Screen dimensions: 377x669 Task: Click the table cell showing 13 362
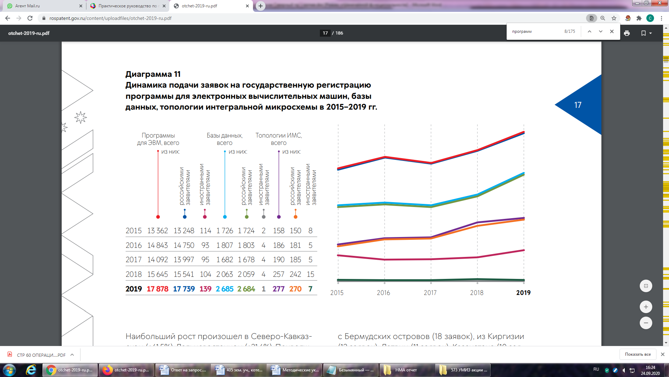(x=157, y=231)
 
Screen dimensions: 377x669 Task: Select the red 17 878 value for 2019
(x=157, y=289)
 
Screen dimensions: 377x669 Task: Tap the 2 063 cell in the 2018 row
(x=225, y=274)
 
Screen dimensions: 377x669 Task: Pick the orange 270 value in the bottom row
(x=295, y=289)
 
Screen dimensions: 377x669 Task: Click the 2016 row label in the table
(x=133, y=245)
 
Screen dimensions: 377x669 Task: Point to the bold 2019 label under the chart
(x=523, y=293)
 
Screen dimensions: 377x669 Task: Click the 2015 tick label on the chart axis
(x=337, y=293)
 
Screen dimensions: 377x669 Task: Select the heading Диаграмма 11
(x=153, y=74)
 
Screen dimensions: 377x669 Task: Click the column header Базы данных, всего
(x=225, y=139)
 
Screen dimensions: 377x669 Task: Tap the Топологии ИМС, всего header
(x=279, y=139)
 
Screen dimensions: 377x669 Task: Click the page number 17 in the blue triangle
(x=578, y=105)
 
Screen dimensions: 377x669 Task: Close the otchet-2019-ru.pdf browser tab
(x=247, y=6)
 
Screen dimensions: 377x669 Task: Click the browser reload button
(x=30, y=18)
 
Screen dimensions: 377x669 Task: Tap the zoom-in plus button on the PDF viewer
(x=646, y=307)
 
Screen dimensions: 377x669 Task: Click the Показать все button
(x=638, y=354)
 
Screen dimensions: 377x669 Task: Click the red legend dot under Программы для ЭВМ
(x=158, y=217)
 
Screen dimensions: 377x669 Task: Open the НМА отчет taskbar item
(x=406, y=370)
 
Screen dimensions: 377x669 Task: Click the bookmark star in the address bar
(x=614, y=18)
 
